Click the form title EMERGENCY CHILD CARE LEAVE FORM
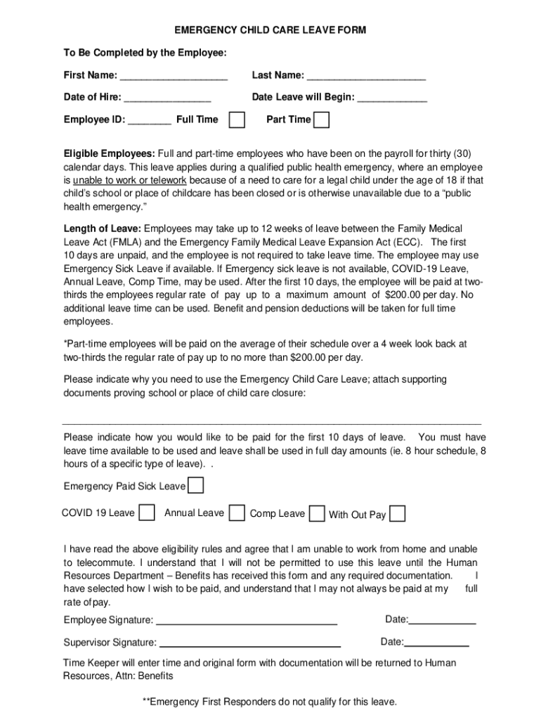coord(270,31)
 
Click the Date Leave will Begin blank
coord(392,98)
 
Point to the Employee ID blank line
coord(150,120)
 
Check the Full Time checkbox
coord(238,120)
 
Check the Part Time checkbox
coord(321,120)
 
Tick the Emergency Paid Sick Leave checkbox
coord(197,486)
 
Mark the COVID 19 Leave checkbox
coord(147,513)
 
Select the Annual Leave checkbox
coord(237,513)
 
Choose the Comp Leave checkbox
coord(318,513)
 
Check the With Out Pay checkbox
coord(397,514)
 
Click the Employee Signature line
coord(246,621)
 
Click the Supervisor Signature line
coord(249,643)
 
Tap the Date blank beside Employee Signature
coord(442,620)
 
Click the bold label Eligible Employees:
coord(109,154)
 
